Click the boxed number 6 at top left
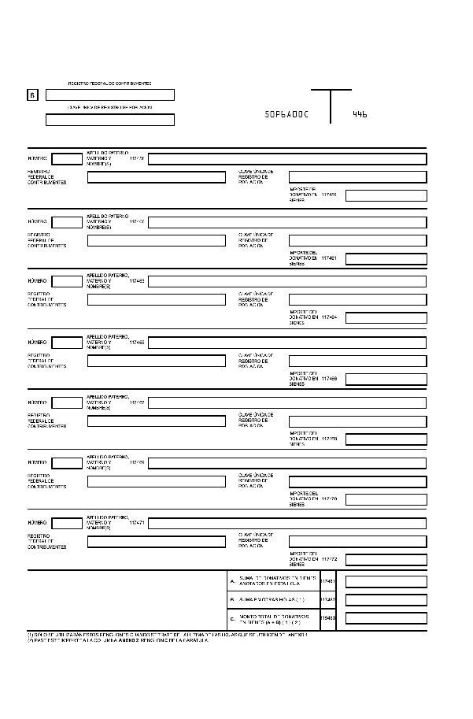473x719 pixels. pos(32,95)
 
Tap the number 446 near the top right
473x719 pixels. pos(360,114)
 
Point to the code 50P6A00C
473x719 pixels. pos(287,114)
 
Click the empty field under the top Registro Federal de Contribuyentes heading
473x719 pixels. pos(110,95)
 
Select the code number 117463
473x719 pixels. pos(137,280)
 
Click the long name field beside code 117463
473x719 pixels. pos(287,281)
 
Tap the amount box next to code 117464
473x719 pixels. pos(386,318)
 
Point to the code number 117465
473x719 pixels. pos(137,343)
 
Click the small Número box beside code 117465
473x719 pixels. pos(67,343)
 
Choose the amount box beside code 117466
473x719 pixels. pos(386,379)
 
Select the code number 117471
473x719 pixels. pos(137,522)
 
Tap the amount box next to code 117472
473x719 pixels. pos(386,559)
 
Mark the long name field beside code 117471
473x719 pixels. pos(287,523)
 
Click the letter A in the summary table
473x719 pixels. pos(232,581)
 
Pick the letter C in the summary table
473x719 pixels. pos(232,619)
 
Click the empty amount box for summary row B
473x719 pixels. pos(386,600)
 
